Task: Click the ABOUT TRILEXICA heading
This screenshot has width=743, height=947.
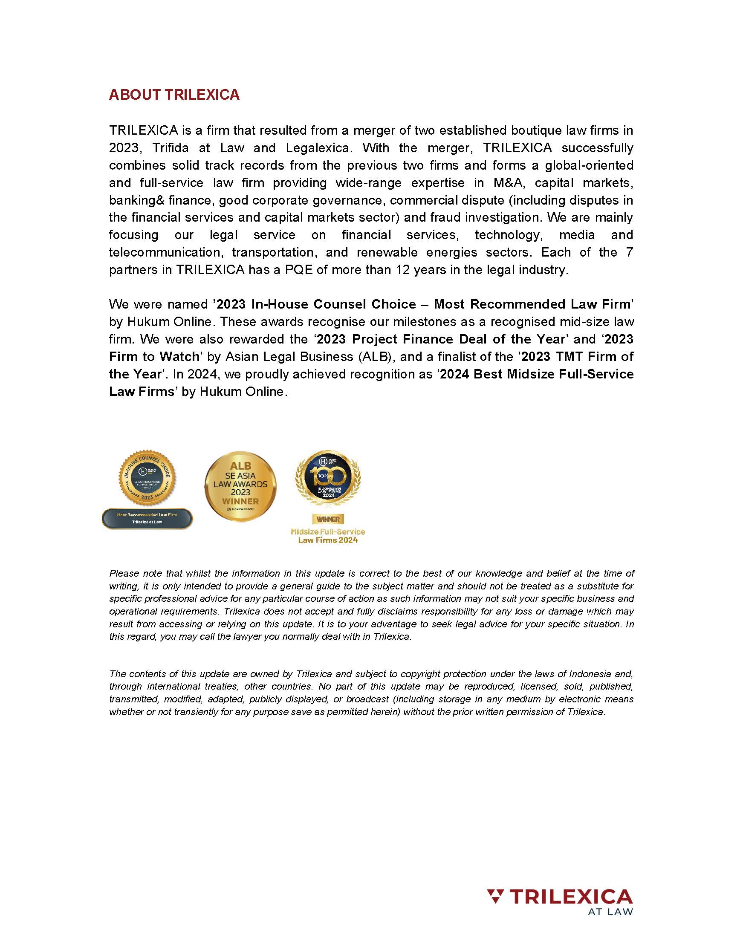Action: [174, 94]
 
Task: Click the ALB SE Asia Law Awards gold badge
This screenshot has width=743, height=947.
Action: [240, 486]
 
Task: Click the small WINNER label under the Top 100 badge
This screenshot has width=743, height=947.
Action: [328, 519]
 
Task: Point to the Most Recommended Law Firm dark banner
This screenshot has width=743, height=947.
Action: [147, 518]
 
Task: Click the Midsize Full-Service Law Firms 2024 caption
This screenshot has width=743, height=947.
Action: [328, 536]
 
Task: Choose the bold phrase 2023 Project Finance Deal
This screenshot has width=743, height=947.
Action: [403, 339]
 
